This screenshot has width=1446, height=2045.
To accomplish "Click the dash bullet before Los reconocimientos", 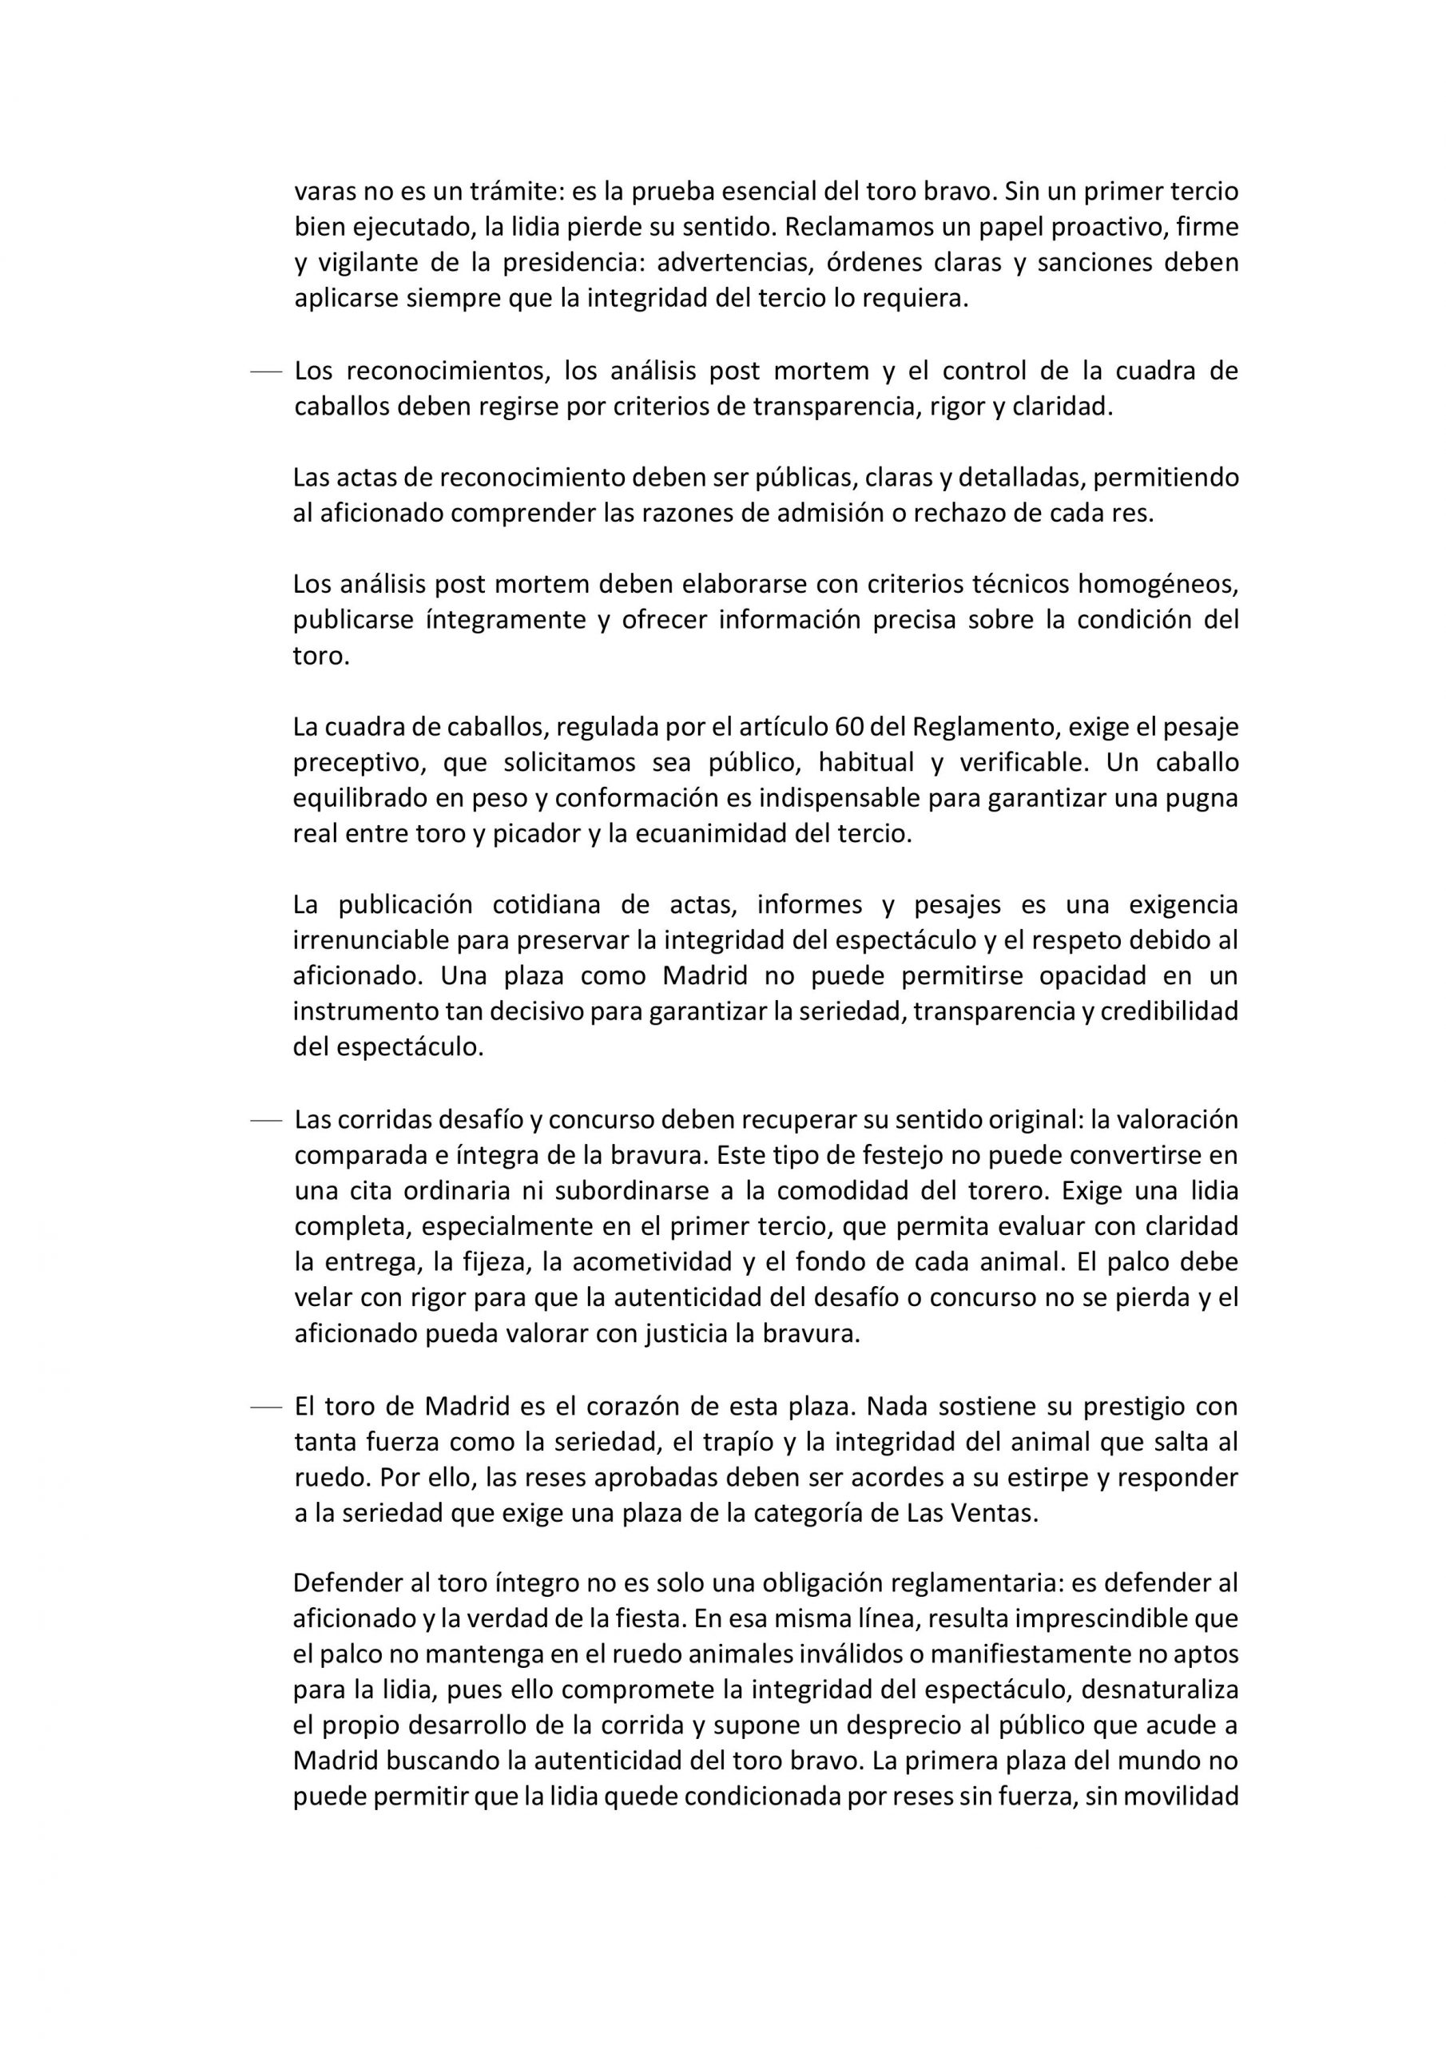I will (x=265, y=371).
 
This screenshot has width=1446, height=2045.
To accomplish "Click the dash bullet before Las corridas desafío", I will (x=265, y=1121).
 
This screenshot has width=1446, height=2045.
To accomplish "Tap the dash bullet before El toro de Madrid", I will (x=265, y=1408).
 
